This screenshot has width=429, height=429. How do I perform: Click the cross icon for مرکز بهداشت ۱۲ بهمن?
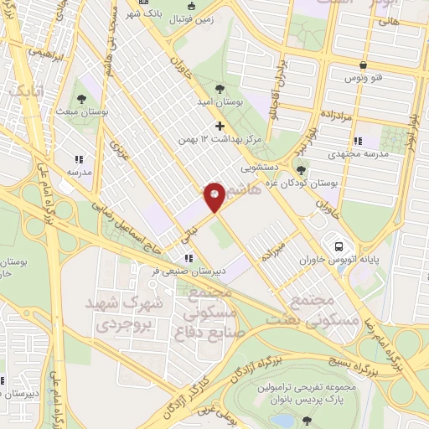[220, 126]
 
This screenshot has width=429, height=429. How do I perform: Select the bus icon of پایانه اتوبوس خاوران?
[339, 247]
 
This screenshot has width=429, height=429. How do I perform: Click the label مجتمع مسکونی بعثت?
[322, 309]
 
